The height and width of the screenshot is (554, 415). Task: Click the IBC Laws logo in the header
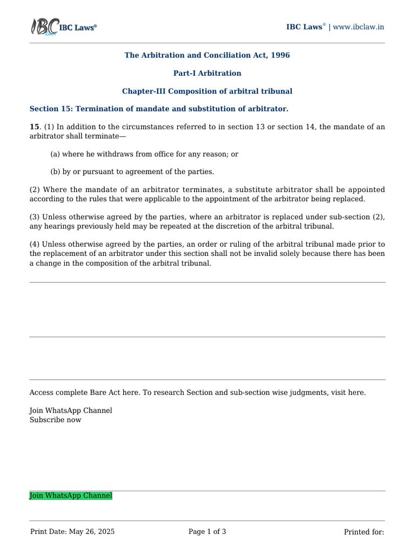click(x=63, y=27)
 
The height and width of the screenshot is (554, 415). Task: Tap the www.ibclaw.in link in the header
click(x=359, y=27)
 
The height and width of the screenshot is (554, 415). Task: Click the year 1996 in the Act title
click(x=280, y=55)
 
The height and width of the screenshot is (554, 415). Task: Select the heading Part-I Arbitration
click(x=207, y=73)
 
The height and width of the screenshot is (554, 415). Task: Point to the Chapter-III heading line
click(x=207, y=91)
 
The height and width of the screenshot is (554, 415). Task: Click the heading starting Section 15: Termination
click(x=159, y=109)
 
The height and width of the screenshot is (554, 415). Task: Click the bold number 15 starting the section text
click(x=34, y=127)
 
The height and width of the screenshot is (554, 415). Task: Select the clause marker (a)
click(x=55, y=154)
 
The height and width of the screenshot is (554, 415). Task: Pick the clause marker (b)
click(x=55, y=172)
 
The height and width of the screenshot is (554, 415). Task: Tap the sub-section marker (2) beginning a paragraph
click(x=35, y=189)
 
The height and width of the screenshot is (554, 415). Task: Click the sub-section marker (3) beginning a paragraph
click(x=35, y=217)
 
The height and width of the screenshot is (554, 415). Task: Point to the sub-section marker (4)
click(x=35, y=245)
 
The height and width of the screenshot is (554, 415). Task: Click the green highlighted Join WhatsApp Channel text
click(x=71, y=496)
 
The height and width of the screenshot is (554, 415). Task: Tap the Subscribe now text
click(x=55, y=420)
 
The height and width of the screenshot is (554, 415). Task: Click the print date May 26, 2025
click(x=92, y=532)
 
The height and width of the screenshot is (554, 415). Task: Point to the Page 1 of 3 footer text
click(x=207, y=532)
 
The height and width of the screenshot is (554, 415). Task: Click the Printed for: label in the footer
click(x=364, y=532)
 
